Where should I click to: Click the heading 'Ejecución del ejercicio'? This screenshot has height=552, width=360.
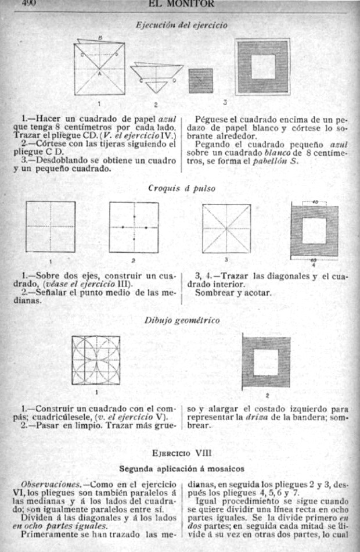[x=181, y=25]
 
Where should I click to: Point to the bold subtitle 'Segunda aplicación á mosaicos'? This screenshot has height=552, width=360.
[x=180, y=467]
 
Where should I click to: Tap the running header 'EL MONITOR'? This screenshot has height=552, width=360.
[x=182, y=3]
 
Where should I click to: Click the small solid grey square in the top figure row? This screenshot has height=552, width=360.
[x=200, y=80]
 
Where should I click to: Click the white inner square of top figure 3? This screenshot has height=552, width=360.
[x=262, y=67]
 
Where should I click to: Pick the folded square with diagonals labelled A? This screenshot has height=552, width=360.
[x=99, y=69]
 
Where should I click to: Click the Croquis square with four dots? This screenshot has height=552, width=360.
[x=134, y=227]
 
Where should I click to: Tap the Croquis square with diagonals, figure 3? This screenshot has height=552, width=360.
[x=226, y=228]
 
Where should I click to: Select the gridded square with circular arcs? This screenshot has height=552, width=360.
[x=96, y=360]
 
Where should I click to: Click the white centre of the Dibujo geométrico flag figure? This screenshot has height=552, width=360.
[x=265, y=362]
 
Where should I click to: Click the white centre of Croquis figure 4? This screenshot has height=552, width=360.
[x=314, y=231]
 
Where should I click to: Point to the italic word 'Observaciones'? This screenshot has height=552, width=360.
[x=43, y=483]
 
